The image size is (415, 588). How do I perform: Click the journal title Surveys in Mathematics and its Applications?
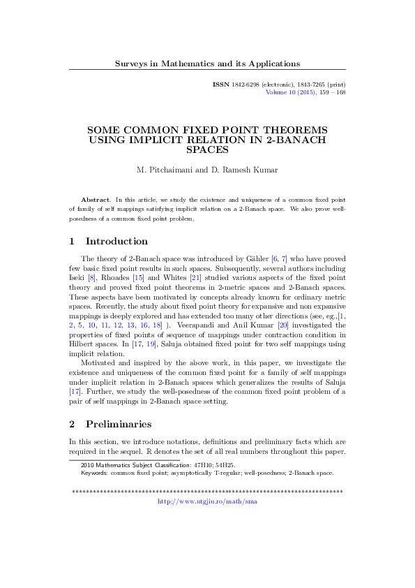[207, 64]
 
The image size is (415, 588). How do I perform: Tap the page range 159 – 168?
[333, 91]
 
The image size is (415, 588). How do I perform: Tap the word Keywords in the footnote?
[95, 472]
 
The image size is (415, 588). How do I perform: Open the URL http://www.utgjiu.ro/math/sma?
[208, 501]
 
